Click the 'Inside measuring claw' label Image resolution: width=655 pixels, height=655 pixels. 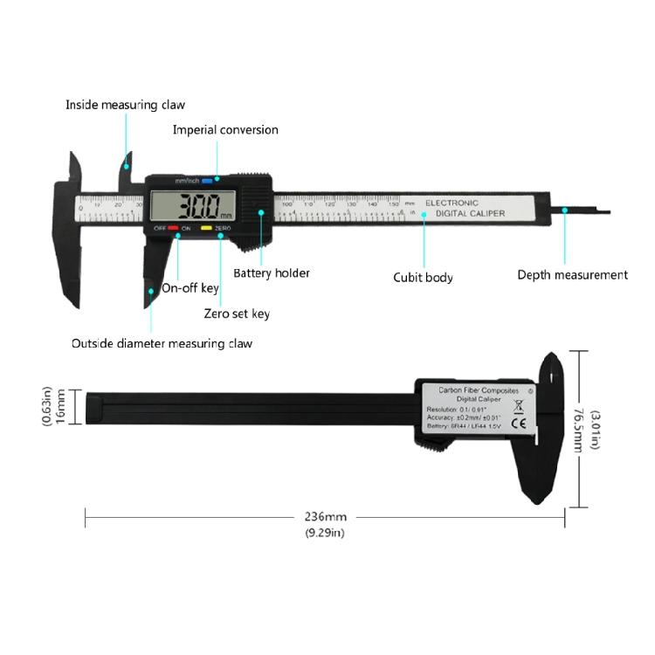(x=125, y=105)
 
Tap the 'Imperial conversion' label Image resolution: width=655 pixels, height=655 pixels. (x=225, y=130)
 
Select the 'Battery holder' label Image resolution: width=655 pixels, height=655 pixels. (x=272, y=273)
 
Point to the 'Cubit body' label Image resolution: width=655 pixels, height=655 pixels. (x=423, y=278)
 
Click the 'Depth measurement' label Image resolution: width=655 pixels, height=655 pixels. (x=572, y=275)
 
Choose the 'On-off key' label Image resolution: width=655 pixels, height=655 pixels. (x=190, y=288)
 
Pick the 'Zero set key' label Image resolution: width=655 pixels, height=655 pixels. (x=237, y=314)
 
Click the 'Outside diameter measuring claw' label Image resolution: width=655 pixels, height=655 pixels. (x=162, y=343)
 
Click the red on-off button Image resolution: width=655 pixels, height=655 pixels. (x=173, y=229)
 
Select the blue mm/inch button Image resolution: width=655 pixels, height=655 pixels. (x=208, y=181)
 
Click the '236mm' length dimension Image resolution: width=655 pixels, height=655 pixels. (x=324, y=517)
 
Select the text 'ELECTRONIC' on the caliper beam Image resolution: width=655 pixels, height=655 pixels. (x=452, y=203)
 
